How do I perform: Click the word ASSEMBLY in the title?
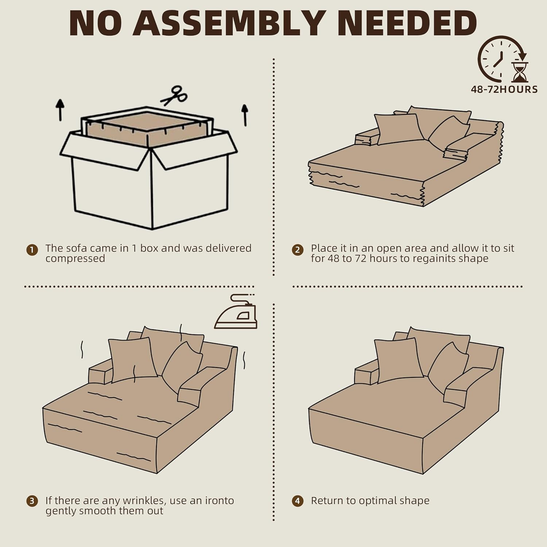(x=229, y=23)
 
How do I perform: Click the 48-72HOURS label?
(x=504, y=89)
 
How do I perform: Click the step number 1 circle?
(x=32, y=250)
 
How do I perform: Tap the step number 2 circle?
(x=298, y=250)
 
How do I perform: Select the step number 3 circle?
(x=32, y=501)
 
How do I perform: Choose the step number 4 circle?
(x=298, y=501)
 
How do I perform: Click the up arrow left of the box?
(x=60, y=110)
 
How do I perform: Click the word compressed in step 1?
(x=75, y=259)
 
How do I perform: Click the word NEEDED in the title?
(x=407, y=23)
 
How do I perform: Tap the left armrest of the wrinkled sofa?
(x=100, y=374)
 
